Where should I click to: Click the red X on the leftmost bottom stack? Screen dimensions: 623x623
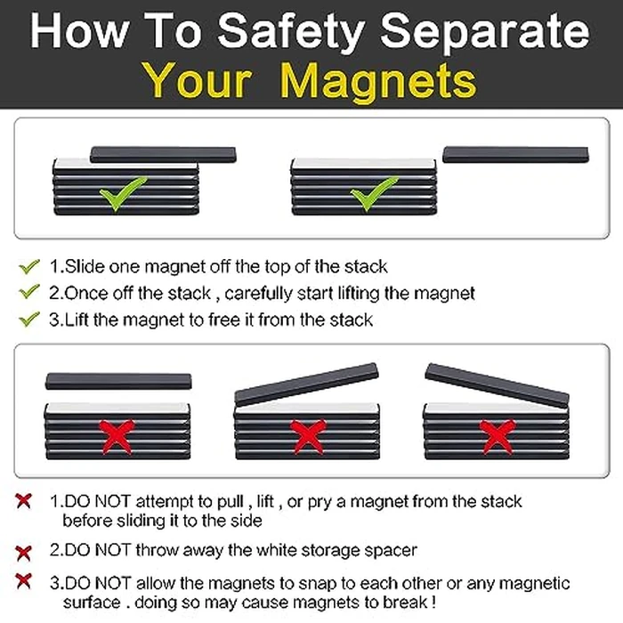(x=117, y=436)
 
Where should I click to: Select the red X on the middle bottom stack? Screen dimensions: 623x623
(x=307, y=436)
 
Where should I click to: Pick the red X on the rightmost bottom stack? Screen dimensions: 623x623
(x=497, y=436)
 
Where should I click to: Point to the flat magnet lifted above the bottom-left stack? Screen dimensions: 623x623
(x=117, y=381)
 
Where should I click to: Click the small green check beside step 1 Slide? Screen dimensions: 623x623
(x=29, y=265)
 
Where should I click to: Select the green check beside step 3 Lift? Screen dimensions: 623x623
(x=29, y=318)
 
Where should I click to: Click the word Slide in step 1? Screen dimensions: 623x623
(x=88, y=266)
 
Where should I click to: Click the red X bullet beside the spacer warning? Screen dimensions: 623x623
(x=24, y=551)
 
